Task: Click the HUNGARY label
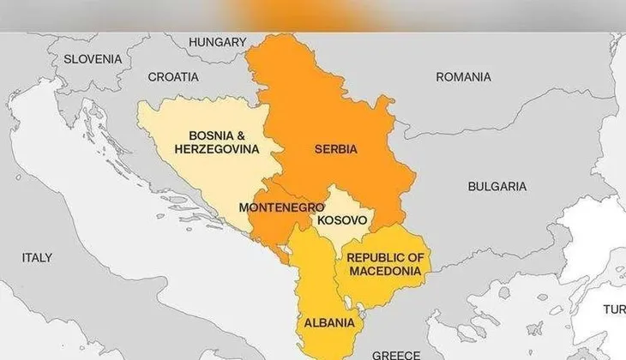pos(217,42)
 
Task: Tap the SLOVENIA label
pos(93,59)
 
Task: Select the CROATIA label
pos(173,76)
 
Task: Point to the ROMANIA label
pos(463,77)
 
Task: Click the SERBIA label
pos(336,149)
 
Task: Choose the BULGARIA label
pos(497,186)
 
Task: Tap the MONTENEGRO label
pos(281,207)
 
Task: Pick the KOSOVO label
pos(342,220)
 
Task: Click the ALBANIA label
pos(328,323)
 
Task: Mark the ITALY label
pos(37,257)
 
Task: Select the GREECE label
pos(396,354)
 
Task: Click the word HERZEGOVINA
pos(217,148)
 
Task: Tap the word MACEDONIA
pos(385,271)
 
